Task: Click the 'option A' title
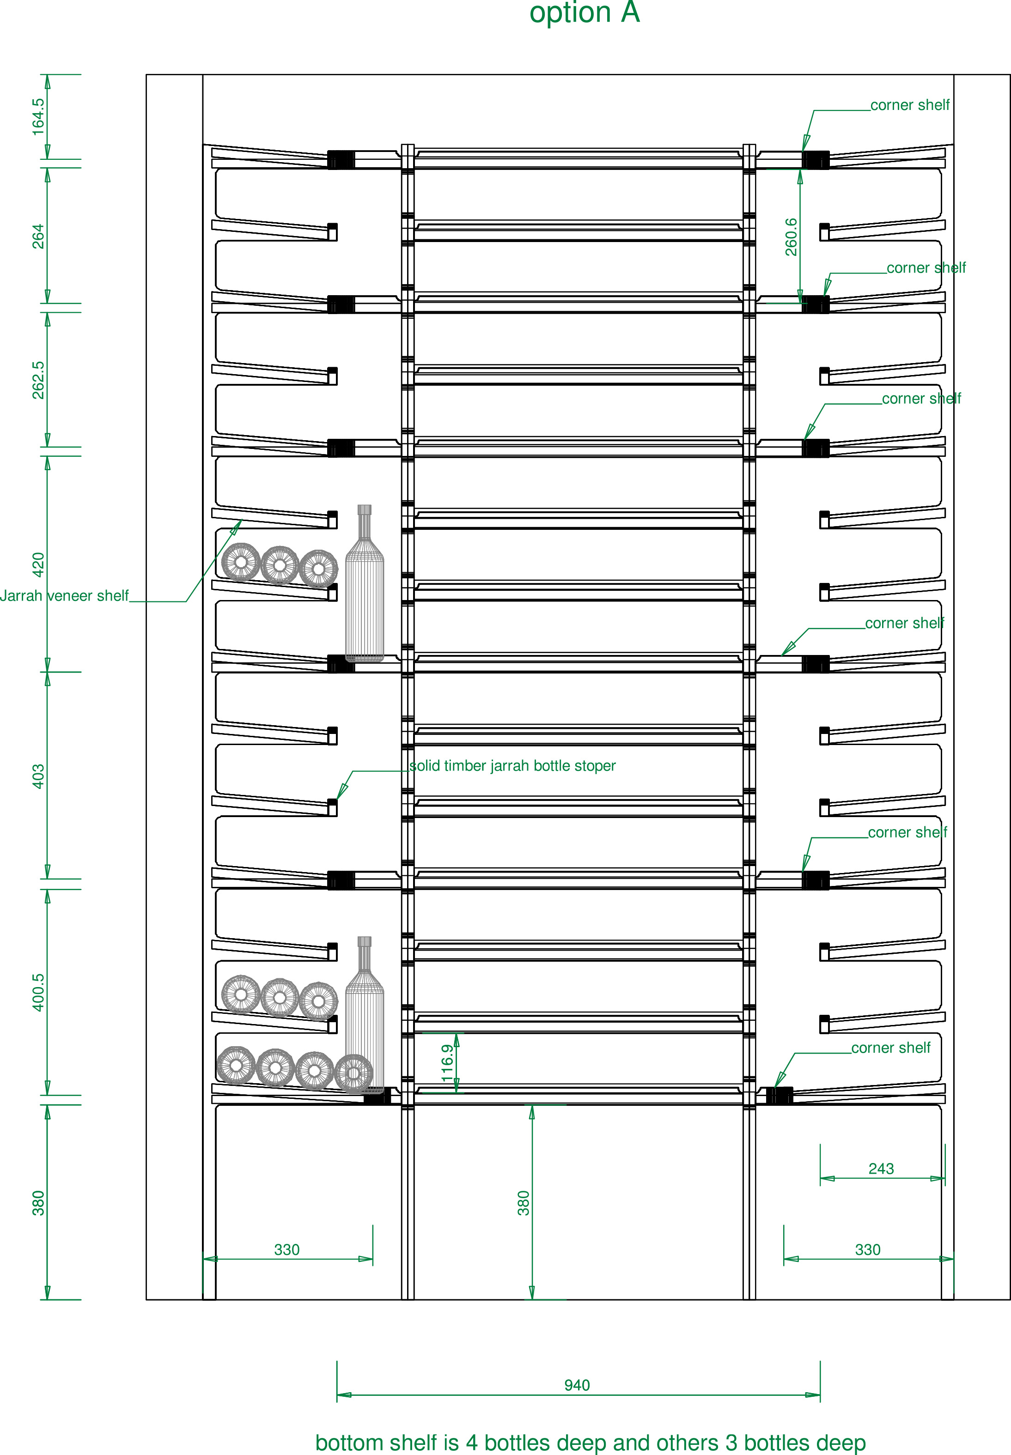[x=585, y=12]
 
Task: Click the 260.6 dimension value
[x=791, y=237]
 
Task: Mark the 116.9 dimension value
[x=447, y=1062]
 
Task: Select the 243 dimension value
[x=881, y=1169]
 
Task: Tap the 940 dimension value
[x=577, y=1385]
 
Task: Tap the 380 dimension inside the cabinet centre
[x=523, y=1203]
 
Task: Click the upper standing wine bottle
[x=364, y=582]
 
